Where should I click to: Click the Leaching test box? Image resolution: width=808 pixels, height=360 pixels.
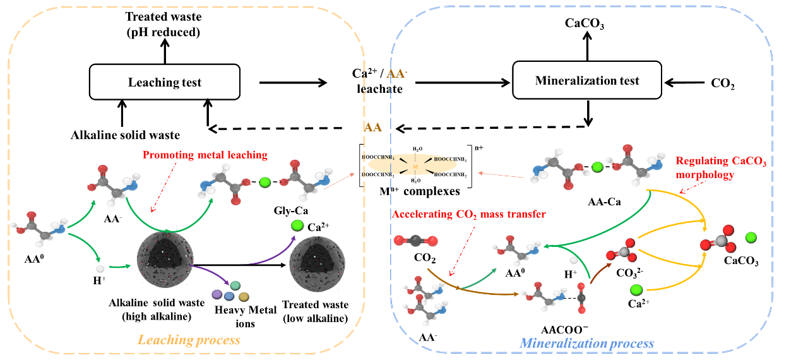(x=165, y=83)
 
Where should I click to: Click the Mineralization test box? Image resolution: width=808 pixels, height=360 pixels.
(x=587, y=80)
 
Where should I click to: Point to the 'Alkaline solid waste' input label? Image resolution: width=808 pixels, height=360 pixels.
(x=125, y=135)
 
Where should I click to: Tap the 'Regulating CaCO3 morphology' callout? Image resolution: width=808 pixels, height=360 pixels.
(x=721, y=168)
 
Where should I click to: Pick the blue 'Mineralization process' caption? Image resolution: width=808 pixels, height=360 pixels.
(x=586, y=344)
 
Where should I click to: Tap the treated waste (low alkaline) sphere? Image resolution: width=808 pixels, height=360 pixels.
(x=315, y=264)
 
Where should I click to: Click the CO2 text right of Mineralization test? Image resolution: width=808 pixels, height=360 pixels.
(x=722, y=83)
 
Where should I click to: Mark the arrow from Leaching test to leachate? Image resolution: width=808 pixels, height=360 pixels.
(x=294, y=83)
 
